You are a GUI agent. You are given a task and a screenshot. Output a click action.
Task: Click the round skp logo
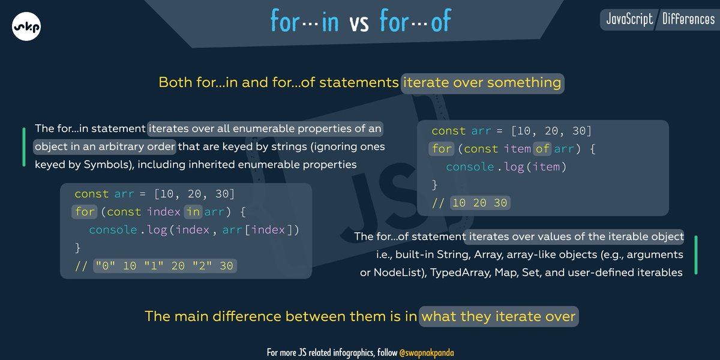coord(26,26)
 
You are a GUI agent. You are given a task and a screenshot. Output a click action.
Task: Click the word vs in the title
coord(359,22)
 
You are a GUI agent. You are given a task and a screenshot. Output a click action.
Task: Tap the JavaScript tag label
coord(629,19)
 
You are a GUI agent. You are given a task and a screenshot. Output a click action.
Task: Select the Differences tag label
coord(688,19)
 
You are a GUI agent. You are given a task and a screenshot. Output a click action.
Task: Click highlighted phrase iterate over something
coord(482,82)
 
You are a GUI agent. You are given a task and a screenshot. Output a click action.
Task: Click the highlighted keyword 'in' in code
coord(193,212)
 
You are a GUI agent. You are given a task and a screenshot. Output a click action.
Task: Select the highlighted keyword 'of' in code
coord(543,148)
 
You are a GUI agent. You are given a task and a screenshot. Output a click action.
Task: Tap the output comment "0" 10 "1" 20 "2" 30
coord(164,265)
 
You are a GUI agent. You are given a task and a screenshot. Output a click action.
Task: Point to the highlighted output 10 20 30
coord(479,203)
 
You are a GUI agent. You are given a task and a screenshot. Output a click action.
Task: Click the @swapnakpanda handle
coord(431,352)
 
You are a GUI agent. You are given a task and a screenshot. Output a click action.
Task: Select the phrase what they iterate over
coord(498,316)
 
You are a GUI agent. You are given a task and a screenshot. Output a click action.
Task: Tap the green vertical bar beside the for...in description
coord(23,146)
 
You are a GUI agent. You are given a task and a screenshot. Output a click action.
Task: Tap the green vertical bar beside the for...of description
coord(695,255)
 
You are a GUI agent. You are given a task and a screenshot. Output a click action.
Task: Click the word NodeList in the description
coord(395,272)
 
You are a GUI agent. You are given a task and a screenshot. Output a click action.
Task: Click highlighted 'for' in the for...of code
coord(442,148)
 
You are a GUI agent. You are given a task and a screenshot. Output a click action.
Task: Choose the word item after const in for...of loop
coord(515,148)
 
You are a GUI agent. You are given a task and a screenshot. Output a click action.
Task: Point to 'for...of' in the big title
coord(415,22)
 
